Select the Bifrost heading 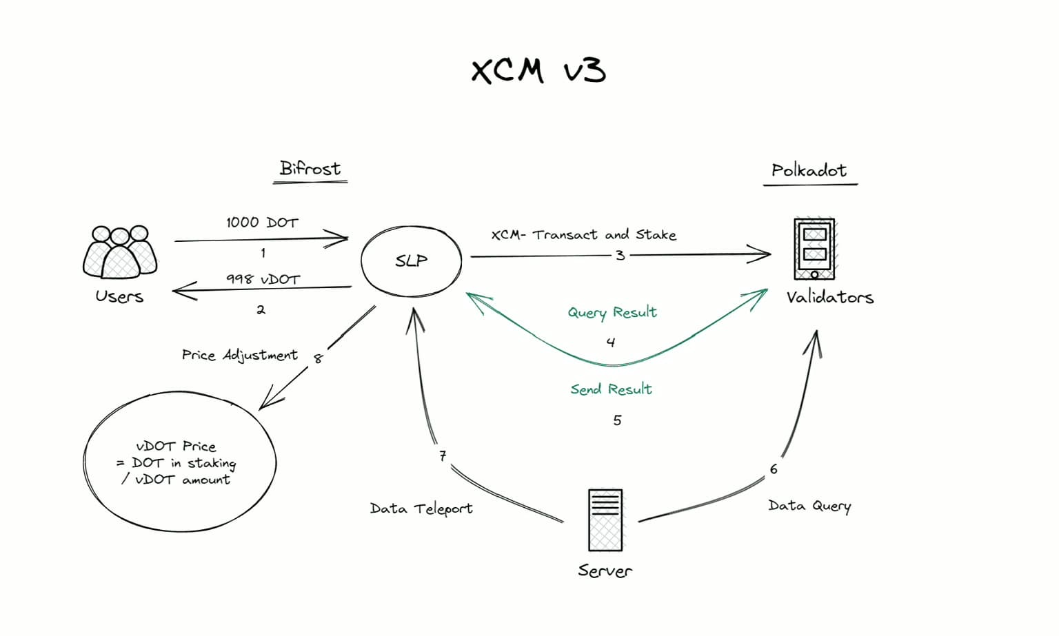[310, 169]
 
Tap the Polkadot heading [809, 170]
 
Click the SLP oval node [412, 260]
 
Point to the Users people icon [120, 252]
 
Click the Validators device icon [814, 249]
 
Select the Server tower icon [605, 520]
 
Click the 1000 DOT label [262, 223]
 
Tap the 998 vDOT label [263, 279]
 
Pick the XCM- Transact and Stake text [583, 235]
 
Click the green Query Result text [612, 313]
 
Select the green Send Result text [611, 389]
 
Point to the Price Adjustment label [239, 355]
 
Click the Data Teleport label [421, 509]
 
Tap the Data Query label [809, 506]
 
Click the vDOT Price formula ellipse [180, 462]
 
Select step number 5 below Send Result [617, 420]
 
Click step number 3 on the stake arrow [620, 256]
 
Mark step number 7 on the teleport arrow [443, 455]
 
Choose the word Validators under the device [829, 298]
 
